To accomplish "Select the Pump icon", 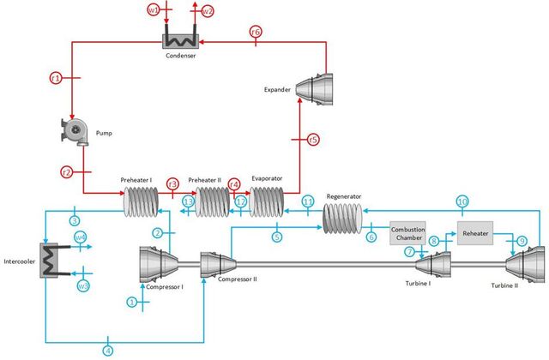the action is (75, 132).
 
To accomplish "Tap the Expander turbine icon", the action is (314, 89).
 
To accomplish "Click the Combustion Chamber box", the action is (408, 233).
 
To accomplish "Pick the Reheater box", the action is (475, 233).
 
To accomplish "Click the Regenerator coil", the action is (342, 218).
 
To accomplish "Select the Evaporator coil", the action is (267, 202).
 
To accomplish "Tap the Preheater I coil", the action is (141, 202).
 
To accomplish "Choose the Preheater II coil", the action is (213, 202).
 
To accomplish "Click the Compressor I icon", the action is (159, 264).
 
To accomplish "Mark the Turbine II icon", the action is (525, 264).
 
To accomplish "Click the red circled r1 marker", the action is (56, 78).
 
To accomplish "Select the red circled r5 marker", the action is (313, 140).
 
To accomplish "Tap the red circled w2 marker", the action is (208, 11).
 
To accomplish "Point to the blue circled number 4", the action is (108, 351).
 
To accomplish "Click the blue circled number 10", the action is (462, 201).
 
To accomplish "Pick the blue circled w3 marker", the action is (83, 286).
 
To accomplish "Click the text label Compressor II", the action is (238, 279).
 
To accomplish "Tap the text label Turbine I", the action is (418, 284).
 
